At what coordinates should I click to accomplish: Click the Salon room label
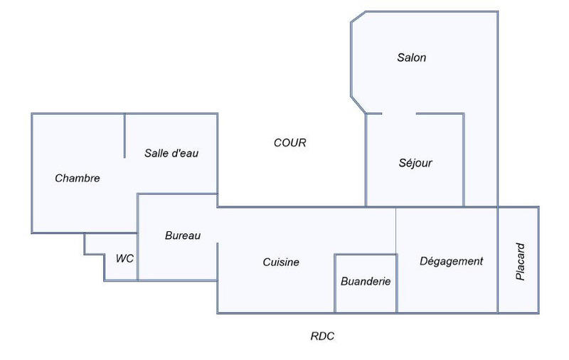tap(411, 58)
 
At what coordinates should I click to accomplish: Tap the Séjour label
tap(415, 163)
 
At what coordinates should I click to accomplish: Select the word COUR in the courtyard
tap(290, 143)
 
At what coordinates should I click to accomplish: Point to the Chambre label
tap(77, 179)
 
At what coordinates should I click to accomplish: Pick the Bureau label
tap(183, 235)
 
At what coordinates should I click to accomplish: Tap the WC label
tap(124, 258)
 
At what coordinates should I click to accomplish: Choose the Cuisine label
tap(281, 262)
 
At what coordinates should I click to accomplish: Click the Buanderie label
tap(366, 282)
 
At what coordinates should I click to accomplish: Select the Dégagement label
tap(451, 261)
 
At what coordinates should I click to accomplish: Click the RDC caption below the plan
tap(322, 337)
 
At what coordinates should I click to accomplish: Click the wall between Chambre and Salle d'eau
tap(125, 136)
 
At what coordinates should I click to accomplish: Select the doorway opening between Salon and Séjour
tap(399, 113)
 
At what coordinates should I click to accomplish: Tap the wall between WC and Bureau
tap(138, 257)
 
